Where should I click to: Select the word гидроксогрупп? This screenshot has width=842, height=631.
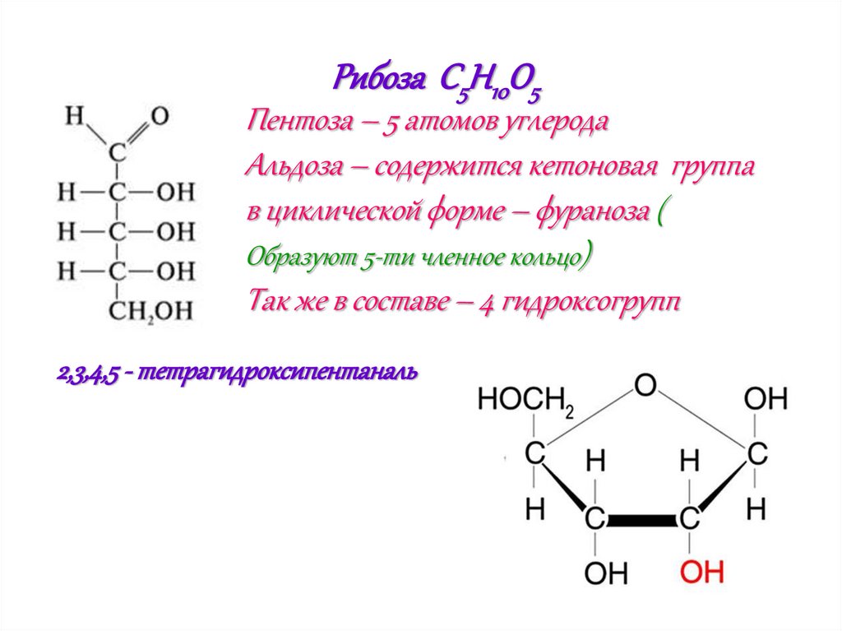(588, 301)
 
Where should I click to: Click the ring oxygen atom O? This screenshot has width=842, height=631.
(646, 384)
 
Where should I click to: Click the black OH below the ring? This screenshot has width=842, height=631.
(606, 571)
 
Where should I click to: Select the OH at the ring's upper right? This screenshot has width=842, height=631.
(766, 401)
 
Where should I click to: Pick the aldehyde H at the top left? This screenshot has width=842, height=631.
(76, 116)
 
